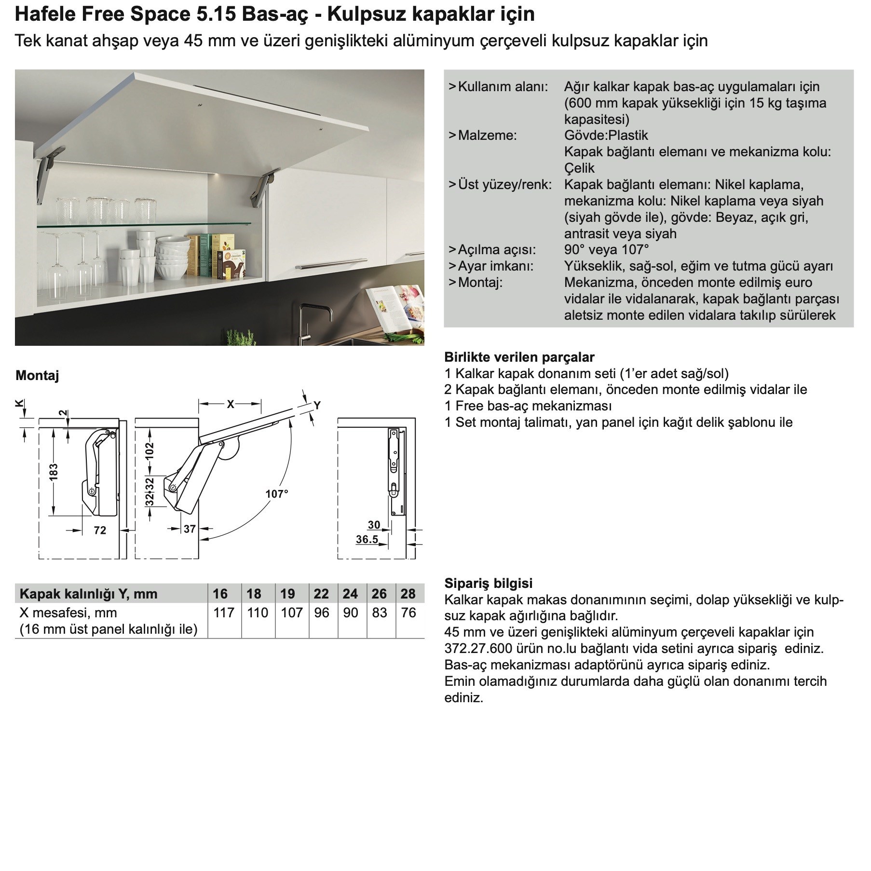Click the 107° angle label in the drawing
tap(277, 493)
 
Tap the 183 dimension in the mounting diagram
tap(53, 471)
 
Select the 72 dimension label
tap(100, 530)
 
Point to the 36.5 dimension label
tap(367, 539)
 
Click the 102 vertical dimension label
tap(150, 450)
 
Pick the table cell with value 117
tap(223, 612)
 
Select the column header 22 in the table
tap(321, 594)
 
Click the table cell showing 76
tap(408, 612)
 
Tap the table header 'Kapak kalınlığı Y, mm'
tap(89, 594)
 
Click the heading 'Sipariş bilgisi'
tap(488, 583)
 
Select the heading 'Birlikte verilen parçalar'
tap(519, 357)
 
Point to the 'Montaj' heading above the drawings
tap(37, 375)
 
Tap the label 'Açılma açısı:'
tap(496, 249)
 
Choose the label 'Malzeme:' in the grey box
tap(487, 135)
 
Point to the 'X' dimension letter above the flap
tap(230, 404)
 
